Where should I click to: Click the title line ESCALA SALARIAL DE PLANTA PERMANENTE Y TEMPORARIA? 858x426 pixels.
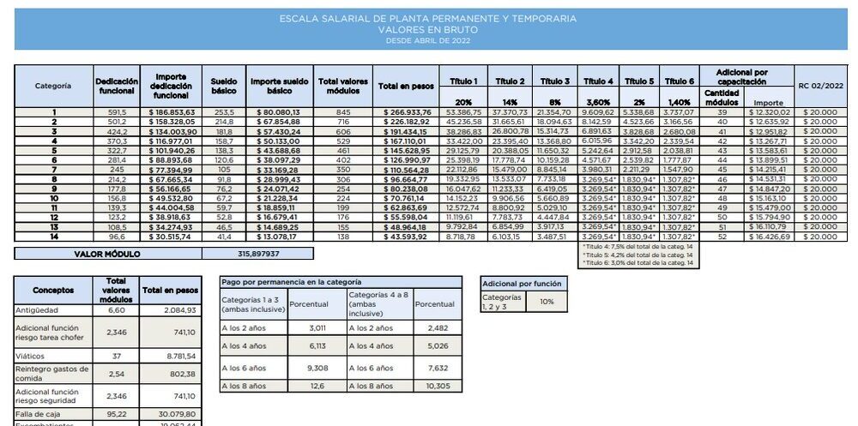coord(428,18)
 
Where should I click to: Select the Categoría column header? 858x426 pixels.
coord(52,86)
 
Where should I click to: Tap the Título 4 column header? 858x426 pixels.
coord(597,81)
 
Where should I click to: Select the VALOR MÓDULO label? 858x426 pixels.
coord(107,254)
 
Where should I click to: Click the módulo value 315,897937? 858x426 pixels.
coord(257,254)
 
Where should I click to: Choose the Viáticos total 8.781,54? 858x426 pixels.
coord(178,356)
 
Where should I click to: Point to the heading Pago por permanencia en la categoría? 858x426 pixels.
coord(290,281)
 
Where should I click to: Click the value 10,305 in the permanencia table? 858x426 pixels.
coord(438,387)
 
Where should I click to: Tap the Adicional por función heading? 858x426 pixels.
coord(523,282)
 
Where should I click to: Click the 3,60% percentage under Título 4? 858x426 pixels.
coord(597,102)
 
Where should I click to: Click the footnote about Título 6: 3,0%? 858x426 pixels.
coord(637,264)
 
